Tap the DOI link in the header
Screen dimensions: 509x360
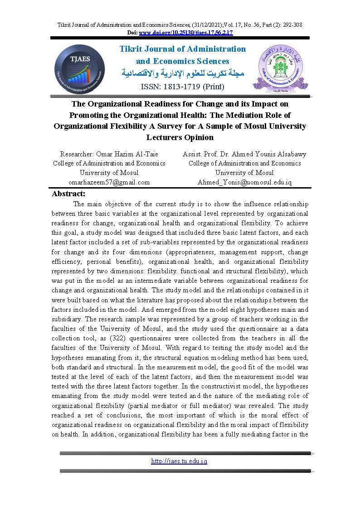tap(185, 33)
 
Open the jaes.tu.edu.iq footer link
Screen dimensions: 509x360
tap(179, 461)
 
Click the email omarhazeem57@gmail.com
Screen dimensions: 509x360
tap(109, 182)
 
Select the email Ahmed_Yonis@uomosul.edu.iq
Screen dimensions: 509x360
tap(244, 182)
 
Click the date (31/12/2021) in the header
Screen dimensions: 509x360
tap(181, 25)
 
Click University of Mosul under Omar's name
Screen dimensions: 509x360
tap(109, 173)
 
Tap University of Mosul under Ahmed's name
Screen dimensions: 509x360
tap(244, 173)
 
